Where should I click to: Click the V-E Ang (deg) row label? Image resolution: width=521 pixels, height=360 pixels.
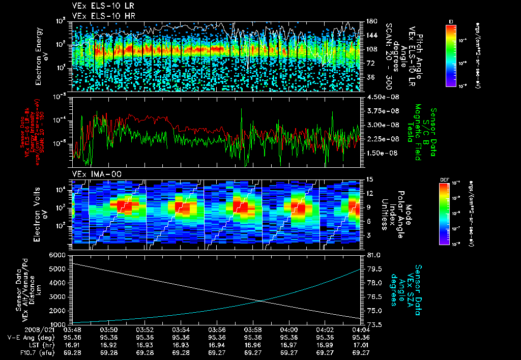(25, 337)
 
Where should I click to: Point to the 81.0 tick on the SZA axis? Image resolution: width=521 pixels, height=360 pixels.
(372, 255)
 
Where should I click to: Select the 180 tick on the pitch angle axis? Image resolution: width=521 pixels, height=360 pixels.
(370, 21)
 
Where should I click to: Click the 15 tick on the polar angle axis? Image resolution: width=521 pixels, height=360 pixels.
(369, 179)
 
